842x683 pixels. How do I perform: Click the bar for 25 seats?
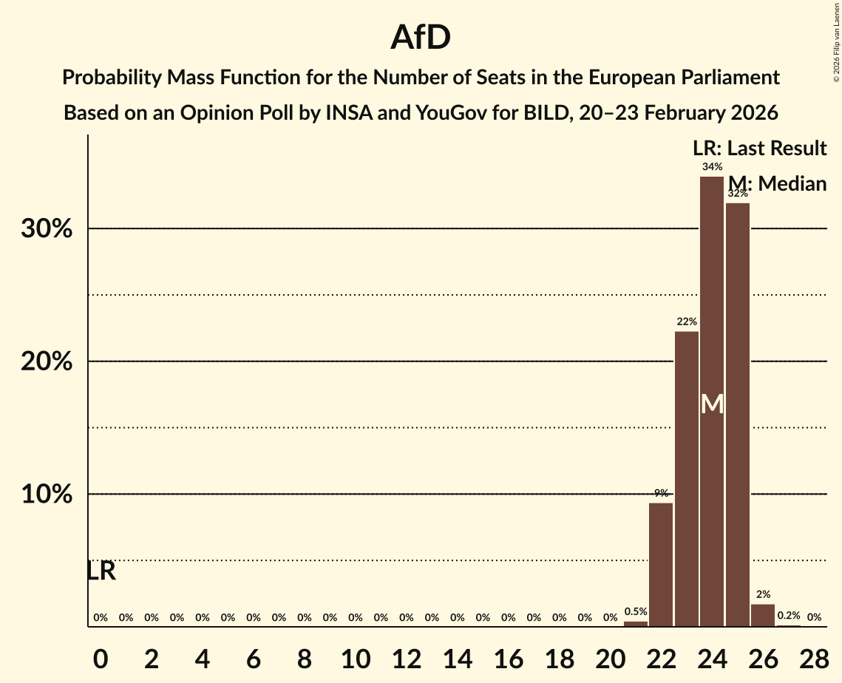[737, 414]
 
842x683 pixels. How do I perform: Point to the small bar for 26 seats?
[763, 615]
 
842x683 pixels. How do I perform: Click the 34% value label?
[712, 167]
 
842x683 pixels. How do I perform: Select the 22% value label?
[686, 322]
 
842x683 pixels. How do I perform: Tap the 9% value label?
[661, 493]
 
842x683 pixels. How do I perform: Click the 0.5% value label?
[636, 611]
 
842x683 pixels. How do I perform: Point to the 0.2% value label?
[788, 616]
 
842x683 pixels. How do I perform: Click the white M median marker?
[712, 404]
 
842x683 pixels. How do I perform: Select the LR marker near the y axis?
[101, 571]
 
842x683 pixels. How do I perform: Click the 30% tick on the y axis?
[47, 229]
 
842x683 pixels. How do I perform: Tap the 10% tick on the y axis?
[47, 495]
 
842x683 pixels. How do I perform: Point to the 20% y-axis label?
[47, 362]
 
